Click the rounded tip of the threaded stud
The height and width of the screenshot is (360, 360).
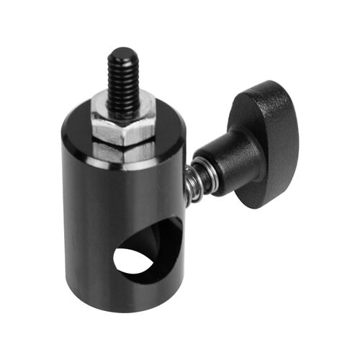[122, 53]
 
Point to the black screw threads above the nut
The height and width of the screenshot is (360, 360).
[123, 79]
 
